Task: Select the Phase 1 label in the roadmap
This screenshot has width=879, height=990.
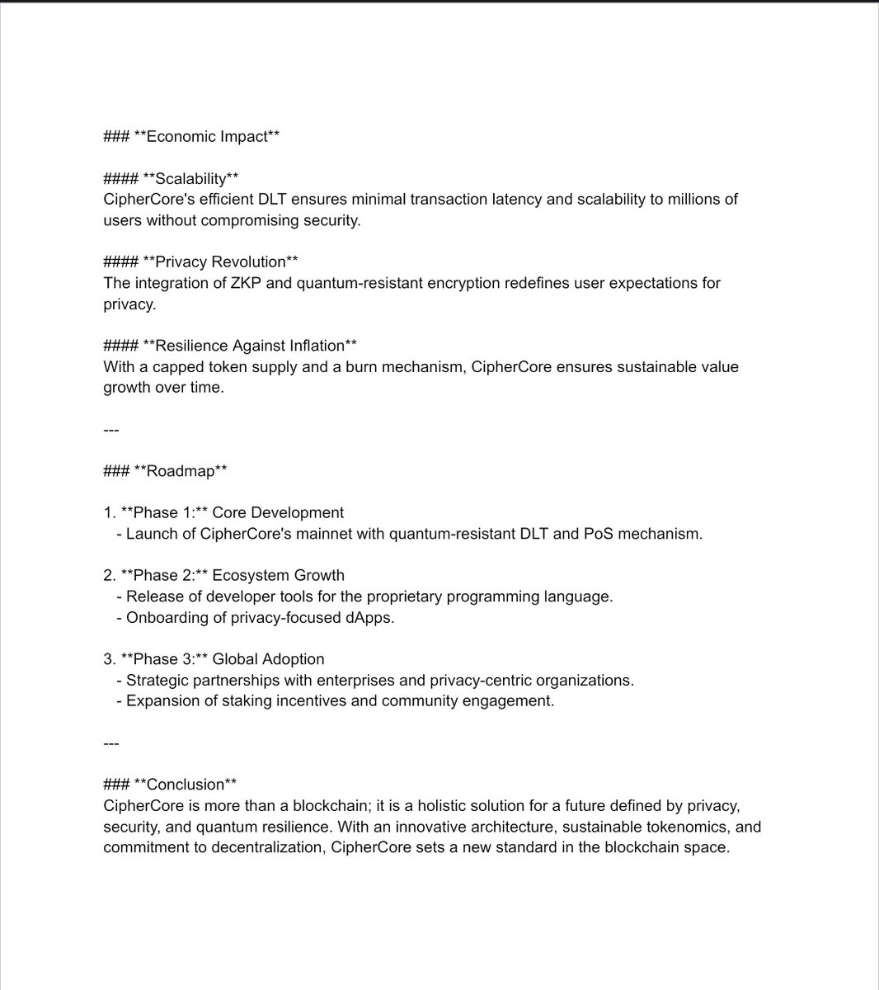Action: tap(164, 512)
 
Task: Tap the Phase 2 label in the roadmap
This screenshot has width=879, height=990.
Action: tap(164, 575)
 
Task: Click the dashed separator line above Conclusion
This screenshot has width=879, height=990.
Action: tap(111, 743)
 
